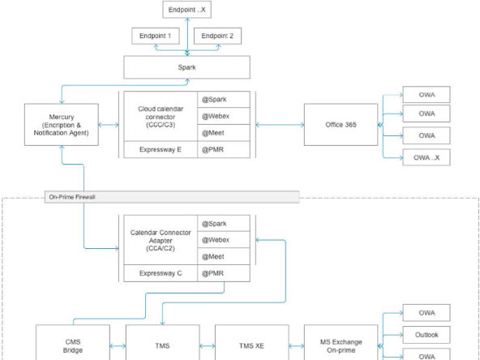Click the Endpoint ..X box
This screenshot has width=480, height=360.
(x=187, y=11)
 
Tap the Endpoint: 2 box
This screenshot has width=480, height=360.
(x=216, y=36)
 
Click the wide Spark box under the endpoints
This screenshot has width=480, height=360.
(x=186, y=66)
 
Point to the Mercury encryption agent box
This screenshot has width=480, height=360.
(x=61, y=125)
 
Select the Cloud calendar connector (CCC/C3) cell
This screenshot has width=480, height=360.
(x=161, y=116)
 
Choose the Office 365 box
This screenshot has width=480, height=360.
(x=341, y=125)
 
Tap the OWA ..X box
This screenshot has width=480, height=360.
(x=426, y=157)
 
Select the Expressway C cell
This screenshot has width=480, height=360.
(x=161, y=273)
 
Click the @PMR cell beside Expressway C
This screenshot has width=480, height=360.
(x=223, y=273)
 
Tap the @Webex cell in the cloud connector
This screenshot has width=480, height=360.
(x=223, y=116)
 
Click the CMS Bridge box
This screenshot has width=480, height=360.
(x=74, y=344)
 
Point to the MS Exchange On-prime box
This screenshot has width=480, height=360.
(x=342, y=344)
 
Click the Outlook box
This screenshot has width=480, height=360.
(x=426, y=334)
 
